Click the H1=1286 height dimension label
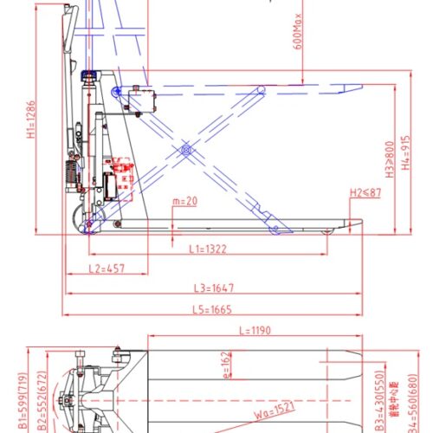click(x=30, y=119)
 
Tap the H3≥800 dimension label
click(x=391, y=160)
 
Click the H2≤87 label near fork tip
click(x=364, y=192)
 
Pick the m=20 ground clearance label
click(x=184, y=201)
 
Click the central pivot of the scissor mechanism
click(x=184, y=151)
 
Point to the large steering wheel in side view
click(x=88, y=222)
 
